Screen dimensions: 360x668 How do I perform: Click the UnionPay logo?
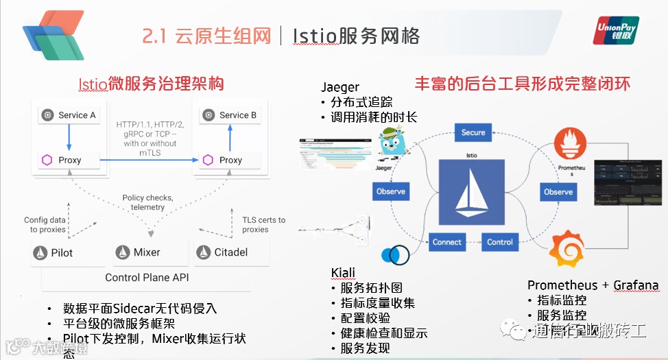(x=616, y=30)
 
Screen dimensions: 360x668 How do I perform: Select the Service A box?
(x=69, y=115)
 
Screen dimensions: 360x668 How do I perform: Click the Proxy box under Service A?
(x=69, y=160)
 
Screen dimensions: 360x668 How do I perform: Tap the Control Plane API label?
(x=147, y=278)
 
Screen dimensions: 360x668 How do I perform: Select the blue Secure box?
(x=473, y=132)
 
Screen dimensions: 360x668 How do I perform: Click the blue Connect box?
(x=447, y=242)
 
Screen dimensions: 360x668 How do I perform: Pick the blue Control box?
(x=500, y=242)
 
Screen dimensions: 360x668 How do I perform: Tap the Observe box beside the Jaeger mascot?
(x=391, y=191)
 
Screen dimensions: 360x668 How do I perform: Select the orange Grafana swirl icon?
(x=568, y=250)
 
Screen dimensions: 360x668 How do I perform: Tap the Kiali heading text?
(x=343, y=273)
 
